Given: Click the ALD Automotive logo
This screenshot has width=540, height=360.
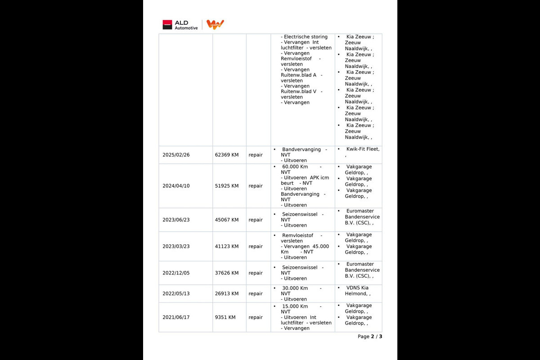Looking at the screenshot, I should pos(180,25).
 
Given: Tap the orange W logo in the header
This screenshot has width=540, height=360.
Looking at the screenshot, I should pos(215,24).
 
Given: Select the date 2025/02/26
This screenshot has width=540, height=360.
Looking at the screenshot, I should pos(176,155).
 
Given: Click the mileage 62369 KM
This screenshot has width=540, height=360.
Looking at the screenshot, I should pos(227,155).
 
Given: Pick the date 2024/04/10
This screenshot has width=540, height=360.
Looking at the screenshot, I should pos(176,186).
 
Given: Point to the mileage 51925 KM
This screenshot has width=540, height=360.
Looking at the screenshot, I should pos(227,186).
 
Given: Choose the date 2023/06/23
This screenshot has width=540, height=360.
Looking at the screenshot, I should pos(176,220).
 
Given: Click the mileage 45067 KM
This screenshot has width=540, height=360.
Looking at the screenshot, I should pos(227,220).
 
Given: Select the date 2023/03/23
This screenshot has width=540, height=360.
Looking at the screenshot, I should pos(176,246).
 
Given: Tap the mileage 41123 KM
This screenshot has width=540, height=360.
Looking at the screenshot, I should pos(227,246).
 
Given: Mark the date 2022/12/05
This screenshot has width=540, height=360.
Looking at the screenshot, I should pos(176,273).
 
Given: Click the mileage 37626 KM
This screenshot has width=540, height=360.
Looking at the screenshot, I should pos(227,273).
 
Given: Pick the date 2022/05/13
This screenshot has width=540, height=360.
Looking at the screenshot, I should pos(176,293).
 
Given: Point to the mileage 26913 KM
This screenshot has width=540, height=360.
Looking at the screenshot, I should pos(227,293).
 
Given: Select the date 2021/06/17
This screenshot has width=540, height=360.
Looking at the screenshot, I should pos(176,317).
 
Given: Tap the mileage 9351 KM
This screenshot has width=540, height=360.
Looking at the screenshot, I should pos(225,317).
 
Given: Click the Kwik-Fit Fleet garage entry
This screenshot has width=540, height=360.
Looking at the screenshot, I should pos(362,149).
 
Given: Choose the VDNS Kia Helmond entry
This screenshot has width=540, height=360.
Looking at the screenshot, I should pos(357,291).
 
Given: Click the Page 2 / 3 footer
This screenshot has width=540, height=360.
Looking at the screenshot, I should pos(369,337).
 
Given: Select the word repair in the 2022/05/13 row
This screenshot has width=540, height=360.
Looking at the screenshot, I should pos(256,293).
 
